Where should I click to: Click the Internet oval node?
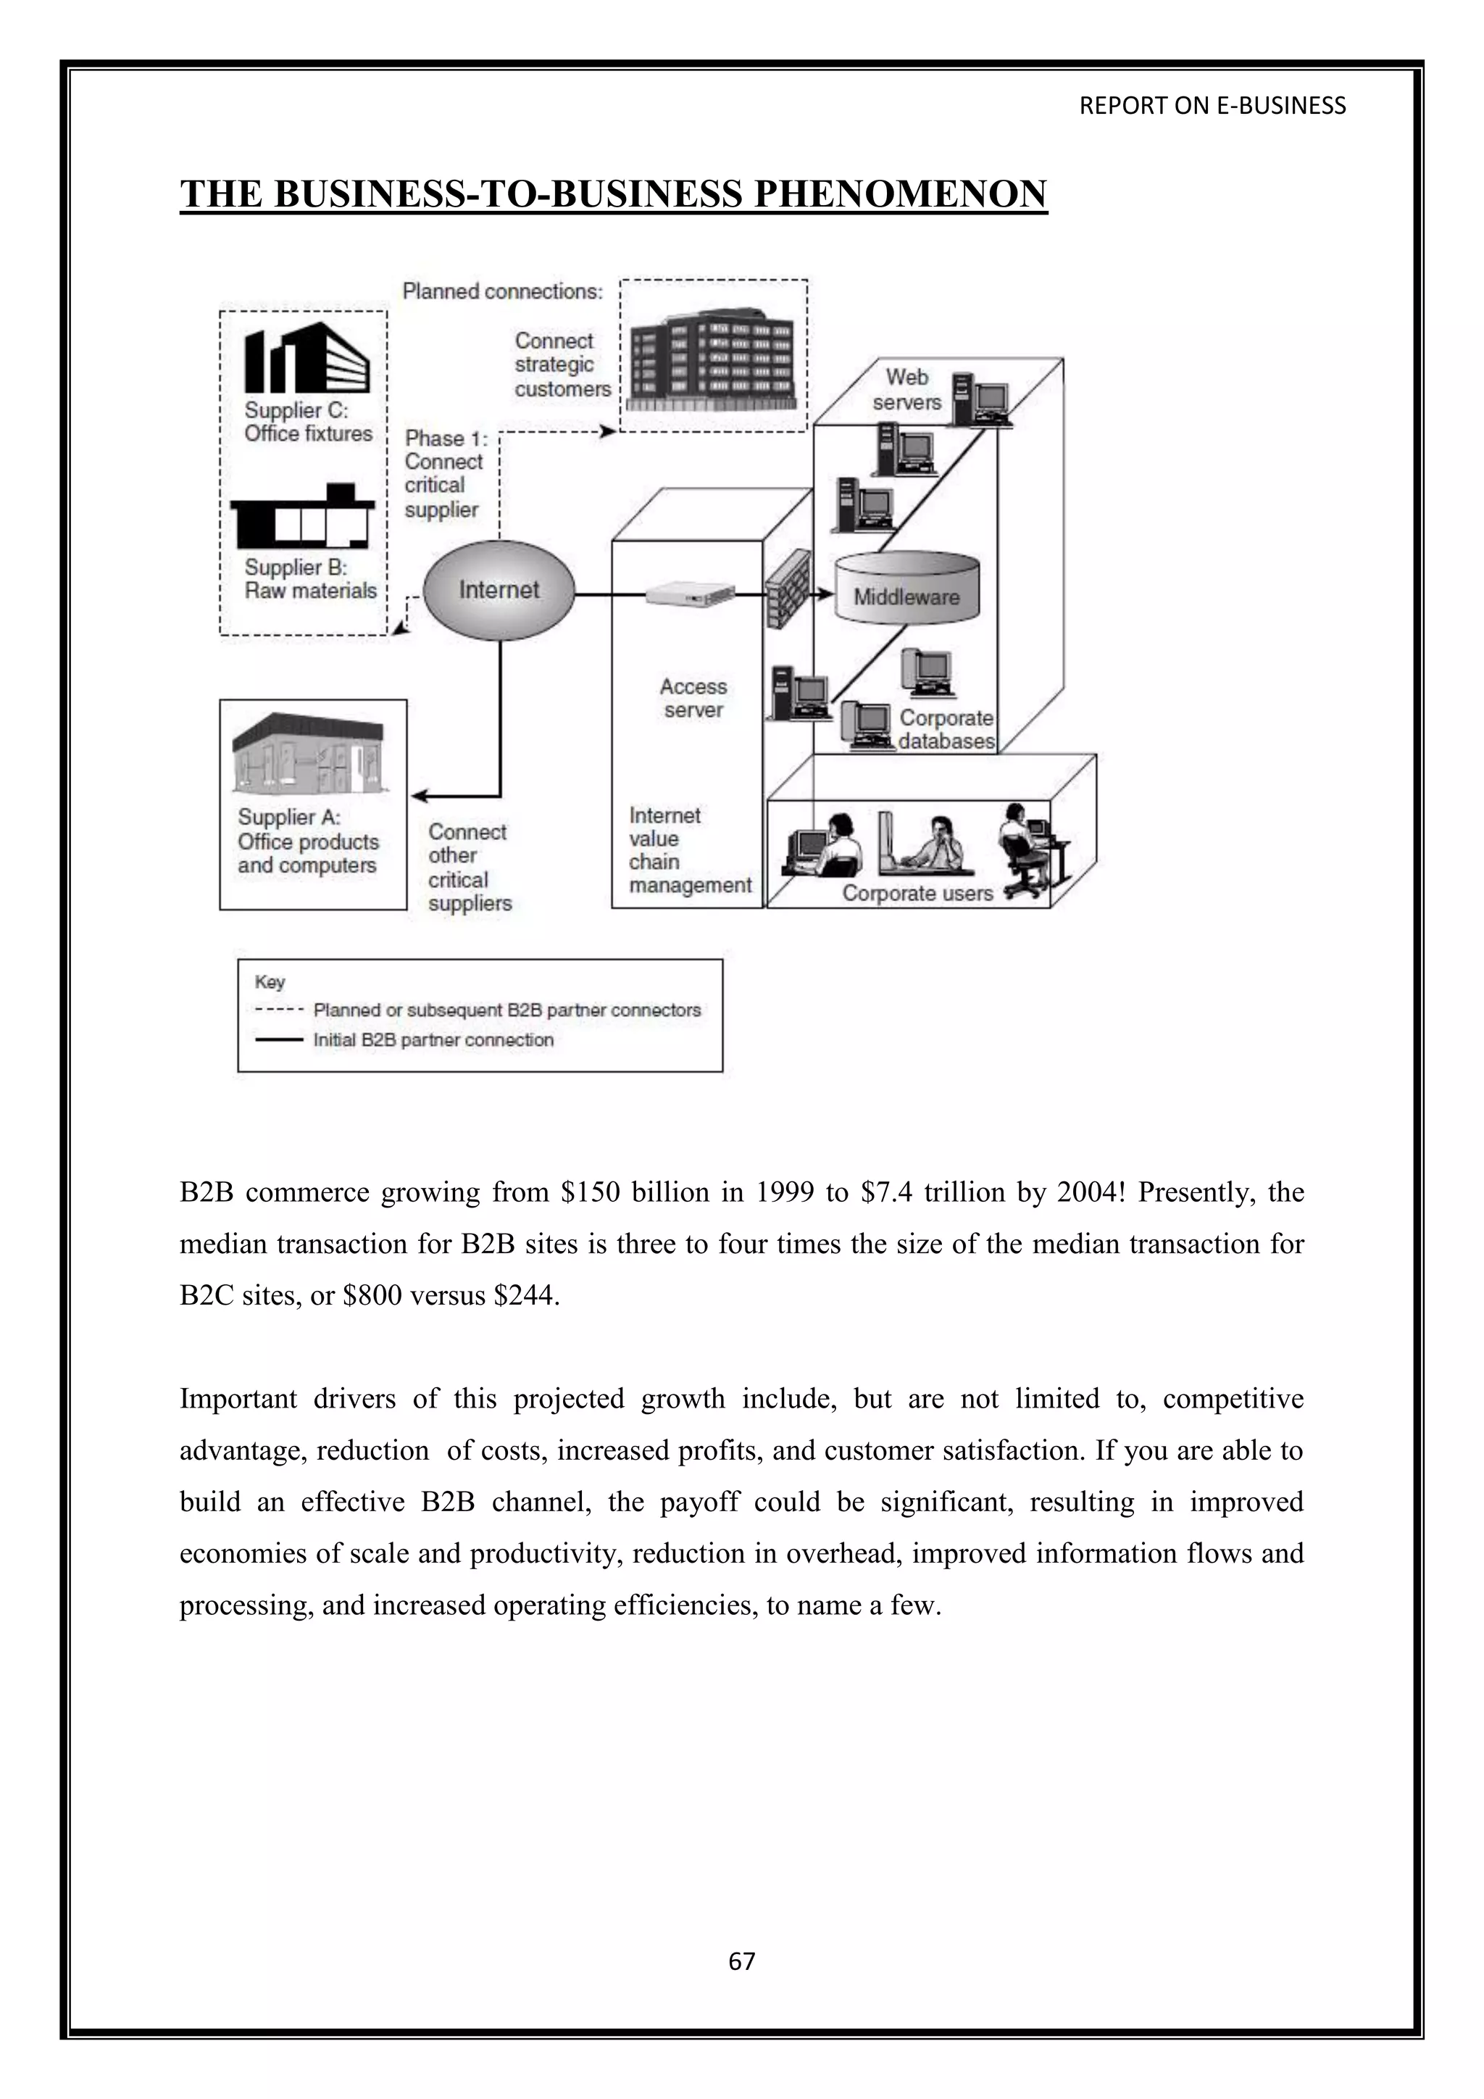tap(499, 591)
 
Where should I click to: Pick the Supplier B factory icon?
tap(302, 518)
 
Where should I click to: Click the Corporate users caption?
tap(917, 893)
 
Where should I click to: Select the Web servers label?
tap(906, 389)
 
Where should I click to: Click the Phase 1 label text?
tap(446, 438)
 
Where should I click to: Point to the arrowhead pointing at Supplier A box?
tap(420, 797)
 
